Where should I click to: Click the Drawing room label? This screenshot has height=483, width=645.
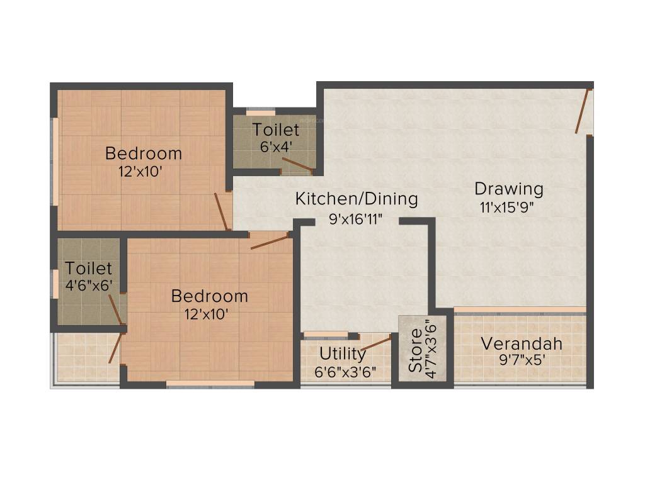pos(508,189)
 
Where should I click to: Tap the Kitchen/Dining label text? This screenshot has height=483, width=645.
pos(357,199)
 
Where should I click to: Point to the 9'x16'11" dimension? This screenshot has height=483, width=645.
pos(356,219)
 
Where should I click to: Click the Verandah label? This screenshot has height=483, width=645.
pos(521,344)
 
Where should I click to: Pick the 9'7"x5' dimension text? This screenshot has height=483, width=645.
pos(521,362)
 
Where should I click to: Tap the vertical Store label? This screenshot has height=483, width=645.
pos(415,350)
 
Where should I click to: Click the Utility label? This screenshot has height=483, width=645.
pos(342,353)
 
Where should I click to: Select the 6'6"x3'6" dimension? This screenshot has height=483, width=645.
pos(345,372)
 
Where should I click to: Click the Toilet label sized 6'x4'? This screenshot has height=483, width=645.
pos(276,130)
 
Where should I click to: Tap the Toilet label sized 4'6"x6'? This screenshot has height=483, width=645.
pos(88,269)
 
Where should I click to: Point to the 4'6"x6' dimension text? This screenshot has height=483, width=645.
pos(89,285)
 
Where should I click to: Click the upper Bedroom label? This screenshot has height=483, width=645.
pos(144,153)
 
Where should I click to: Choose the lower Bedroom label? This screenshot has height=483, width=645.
pos(209,296)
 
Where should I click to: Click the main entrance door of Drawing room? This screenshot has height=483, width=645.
pos(583,111)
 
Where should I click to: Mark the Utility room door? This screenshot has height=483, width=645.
pos(375,343)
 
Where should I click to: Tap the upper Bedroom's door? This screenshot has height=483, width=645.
pos(221,211)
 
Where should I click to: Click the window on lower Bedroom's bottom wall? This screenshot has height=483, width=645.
pos(210,383)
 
